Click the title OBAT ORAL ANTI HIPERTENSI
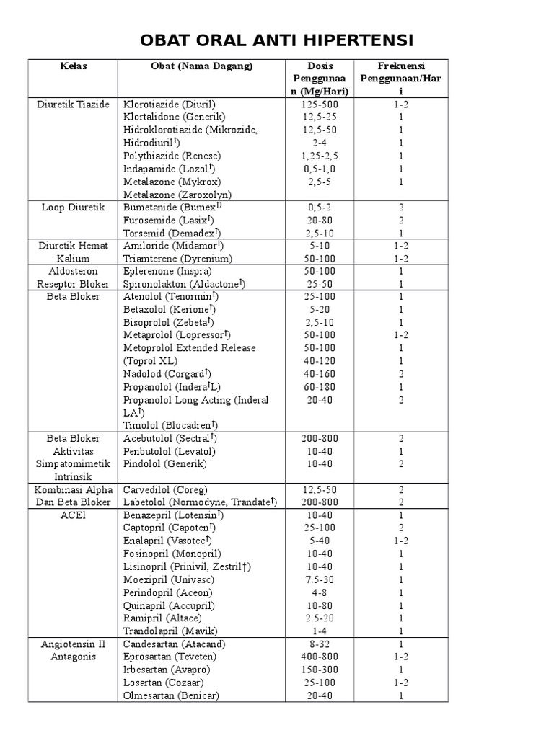pos(277,39)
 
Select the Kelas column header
pos(73,66)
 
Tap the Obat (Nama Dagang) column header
pos(202,66)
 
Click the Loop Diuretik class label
pos(73,207)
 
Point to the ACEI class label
pos(73,515)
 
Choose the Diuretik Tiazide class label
pos(73,105)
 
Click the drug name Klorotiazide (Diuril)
pos(170,105)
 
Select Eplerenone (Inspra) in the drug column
pos(167,271)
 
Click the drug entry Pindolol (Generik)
pos(165,463)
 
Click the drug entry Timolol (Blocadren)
pos(171,425)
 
